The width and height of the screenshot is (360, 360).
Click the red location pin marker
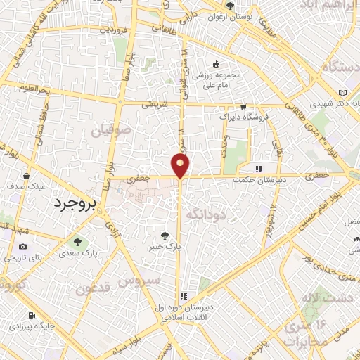pyautogui.click(x=181, y=166)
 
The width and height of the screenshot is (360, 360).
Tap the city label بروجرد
pyautogui.click(x=79, y=202)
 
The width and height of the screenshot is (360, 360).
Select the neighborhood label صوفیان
pyautogui.click(x=108, y=130)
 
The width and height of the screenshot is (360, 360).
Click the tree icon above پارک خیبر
pyautogui.click(x=165, y=236)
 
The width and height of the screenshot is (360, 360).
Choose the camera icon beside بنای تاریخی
pyautogui.click(x=23, y=246)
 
